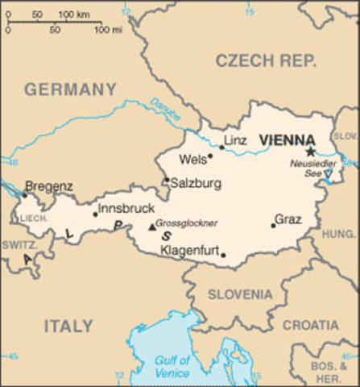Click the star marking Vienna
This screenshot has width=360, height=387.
point(310,151)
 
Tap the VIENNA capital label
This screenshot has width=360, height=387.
point(287,139)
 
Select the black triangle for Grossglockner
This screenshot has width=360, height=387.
point(151,227)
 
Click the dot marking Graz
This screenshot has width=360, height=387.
point(273,225)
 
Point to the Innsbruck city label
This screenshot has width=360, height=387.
point(126,209)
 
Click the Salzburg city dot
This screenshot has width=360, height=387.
point(167,180)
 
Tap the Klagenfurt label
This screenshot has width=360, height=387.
point(190,251)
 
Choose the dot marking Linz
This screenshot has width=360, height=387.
point(221,147)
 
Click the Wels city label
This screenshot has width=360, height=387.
point(192,159)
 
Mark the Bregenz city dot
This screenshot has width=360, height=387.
point(24,194)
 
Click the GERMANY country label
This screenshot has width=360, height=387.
point(70,89)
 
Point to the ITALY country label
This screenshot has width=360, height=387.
point(68,326)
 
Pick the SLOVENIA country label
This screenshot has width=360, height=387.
point(240,294)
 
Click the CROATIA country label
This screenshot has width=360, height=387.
point(310,325)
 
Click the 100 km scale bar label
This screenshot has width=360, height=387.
point(73,15)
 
